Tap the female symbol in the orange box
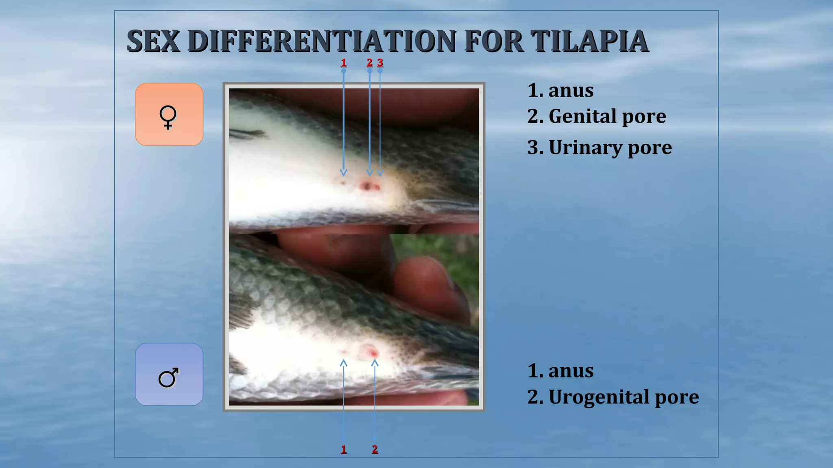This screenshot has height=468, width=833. tap(168, 117)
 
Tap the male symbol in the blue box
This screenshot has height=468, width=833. tap(168, 377)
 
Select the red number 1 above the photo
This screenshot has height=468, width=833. tap(344, 63)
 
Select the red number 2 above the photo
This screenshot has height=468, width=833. tap(369, 63)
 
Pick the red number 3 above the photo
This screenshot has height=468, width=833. tap(380, 63)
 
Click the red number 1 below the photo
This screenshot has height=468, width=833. tap(344, 449)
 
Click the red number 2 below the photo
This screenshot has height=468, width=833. tap(375, 449)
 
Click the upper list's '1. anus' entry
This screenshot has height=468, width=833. tap(560, 90)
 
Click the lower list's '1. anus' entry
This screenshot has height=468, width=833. tap(560, 371)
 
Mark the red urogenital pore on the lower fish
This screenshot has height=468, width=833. tap(372, 351)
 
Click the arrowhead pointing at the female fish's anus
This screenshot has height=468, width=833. tap(344, 173)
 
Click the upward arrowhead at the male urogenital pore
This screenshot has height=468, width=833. tap(375, 363)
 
